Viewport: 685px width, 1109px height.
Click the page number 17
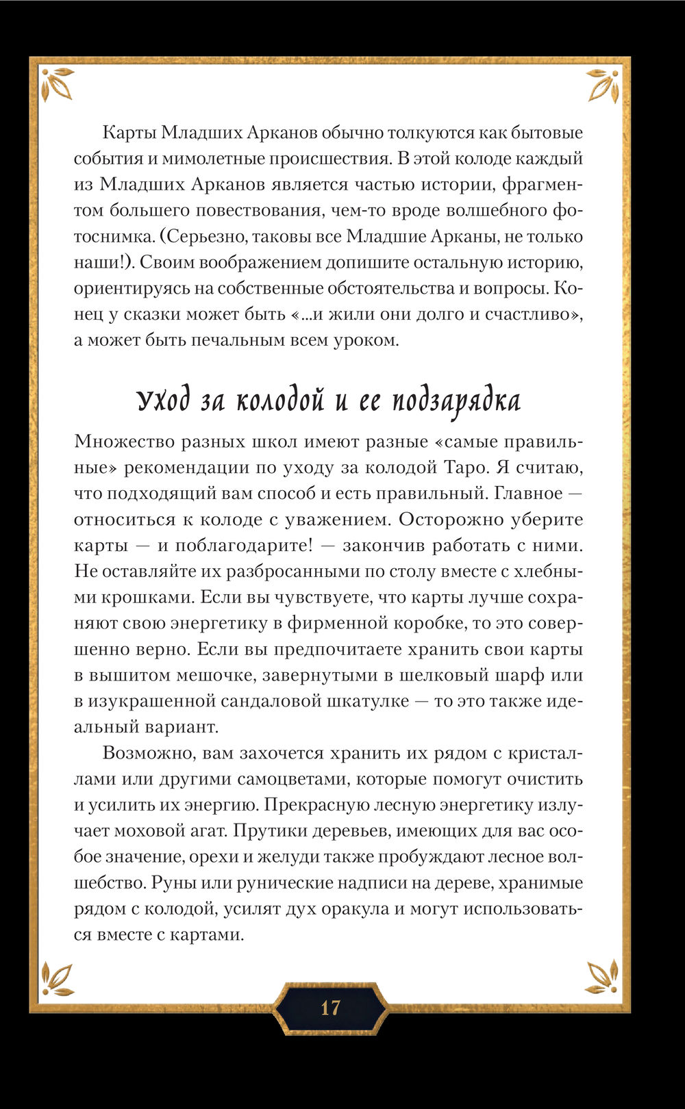click(x=330, y=1008)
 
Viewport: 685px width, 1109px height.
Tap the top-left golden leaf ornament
click(x=56, y=84)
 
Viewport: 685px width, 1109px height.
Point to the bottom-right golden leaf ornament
click(x=603, y=977)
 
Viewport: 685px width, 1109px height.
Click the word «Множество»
click(x=123, y=442)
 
